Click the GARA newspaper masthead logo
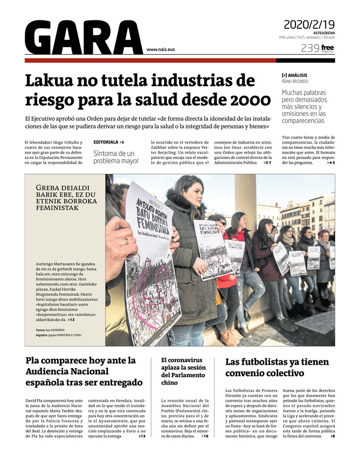[83, 38]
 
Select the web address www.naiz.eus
[161, 50]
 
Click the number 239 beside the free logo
[310, 48]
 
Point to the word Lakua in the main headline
[52, 81]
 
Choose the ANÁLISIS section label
[297, 75]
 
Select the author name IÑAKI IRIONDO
[295, 81]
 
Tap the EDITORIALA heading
[106, 142]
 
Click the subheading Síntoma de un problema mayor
[116, 157]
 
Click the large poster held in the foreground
[152, 263]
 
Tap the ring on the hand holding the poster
[126, 241]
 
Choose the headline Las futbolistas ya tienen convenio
[277, 367]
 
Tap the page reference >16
[205, 436]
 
